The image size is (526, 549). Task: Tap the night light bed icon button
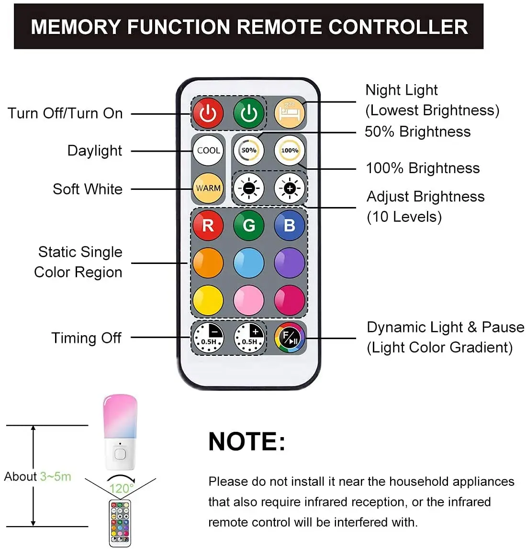coord(290,113)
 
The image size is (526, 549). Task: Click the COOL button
coord(208,150)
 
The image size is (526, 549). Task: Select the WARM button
coord(208,188)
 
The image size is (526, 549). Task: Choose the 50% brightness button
coord(249,150)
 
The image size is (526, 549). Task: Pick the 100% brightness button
coord(290,150)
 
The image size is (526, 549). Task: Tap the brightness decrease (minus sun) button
coord(249,188)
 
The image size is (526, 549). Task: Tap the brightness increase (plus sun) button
coord(290,188)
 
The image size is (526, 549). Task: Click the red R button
coord(208,225)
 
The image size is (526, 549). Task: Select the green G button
coord(249,225)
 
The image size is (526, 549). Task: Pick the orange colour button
coord(208,263)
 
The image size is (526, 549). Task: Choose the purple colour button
coord(290,263)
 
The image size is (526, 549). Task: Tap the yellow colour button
coord(208,300)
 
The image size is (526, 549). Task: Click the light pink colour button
coord(249,300)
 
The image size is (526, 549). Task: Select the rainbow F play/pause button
coord(290,338)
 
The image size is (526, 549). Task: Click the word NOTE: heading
coord(246,441)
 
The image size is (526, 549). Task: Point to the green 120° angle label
coord(122,489)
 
